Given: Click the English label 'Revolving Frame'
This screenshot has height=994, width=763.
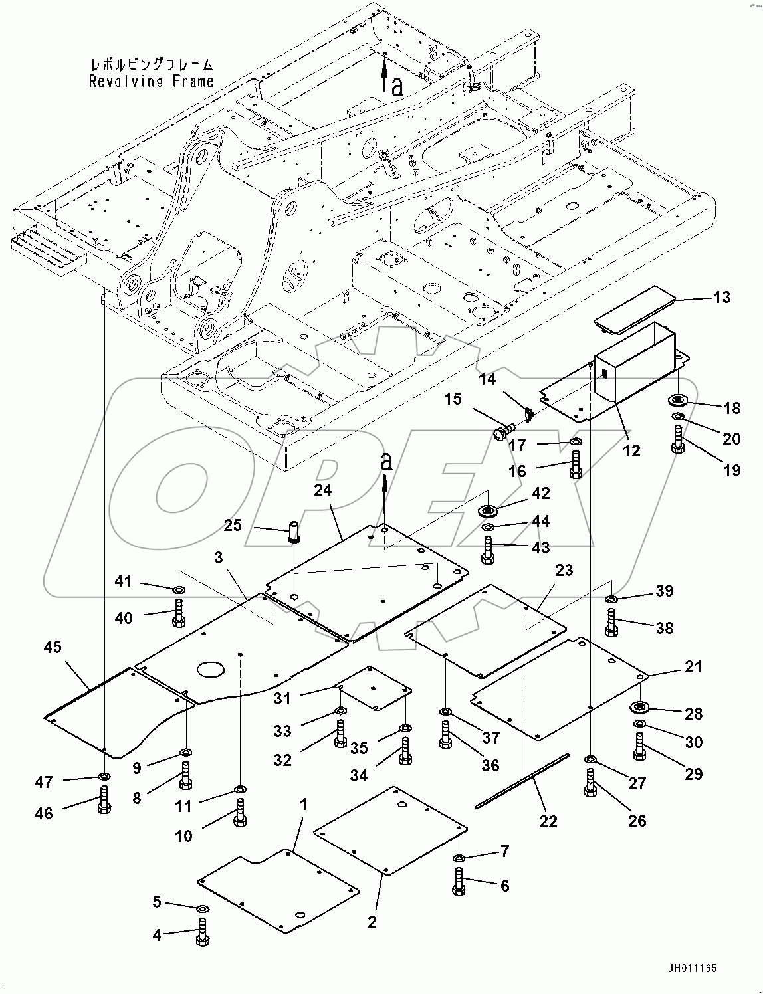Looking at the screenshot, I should pyautogui.click(x=152, y=81).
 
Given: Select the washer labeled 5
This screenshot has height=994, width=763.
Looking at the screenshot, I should pyautogui.click(x=203, y=908).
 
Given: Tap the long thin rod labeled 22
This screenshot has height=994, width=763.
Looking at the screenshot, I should pyautogui.click(x=522, y=781).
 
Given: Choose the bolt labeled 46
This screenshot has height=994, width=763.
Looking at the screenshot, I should pyautogui.click(x=104, y=800).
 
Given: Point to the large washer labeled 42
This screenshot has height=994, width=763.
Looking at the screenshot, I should pyautogui.click(x=489, y=510).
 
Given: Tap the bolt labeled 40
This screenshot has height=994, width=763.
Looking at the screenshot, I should pyautogui.click(x=178, y=613).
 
